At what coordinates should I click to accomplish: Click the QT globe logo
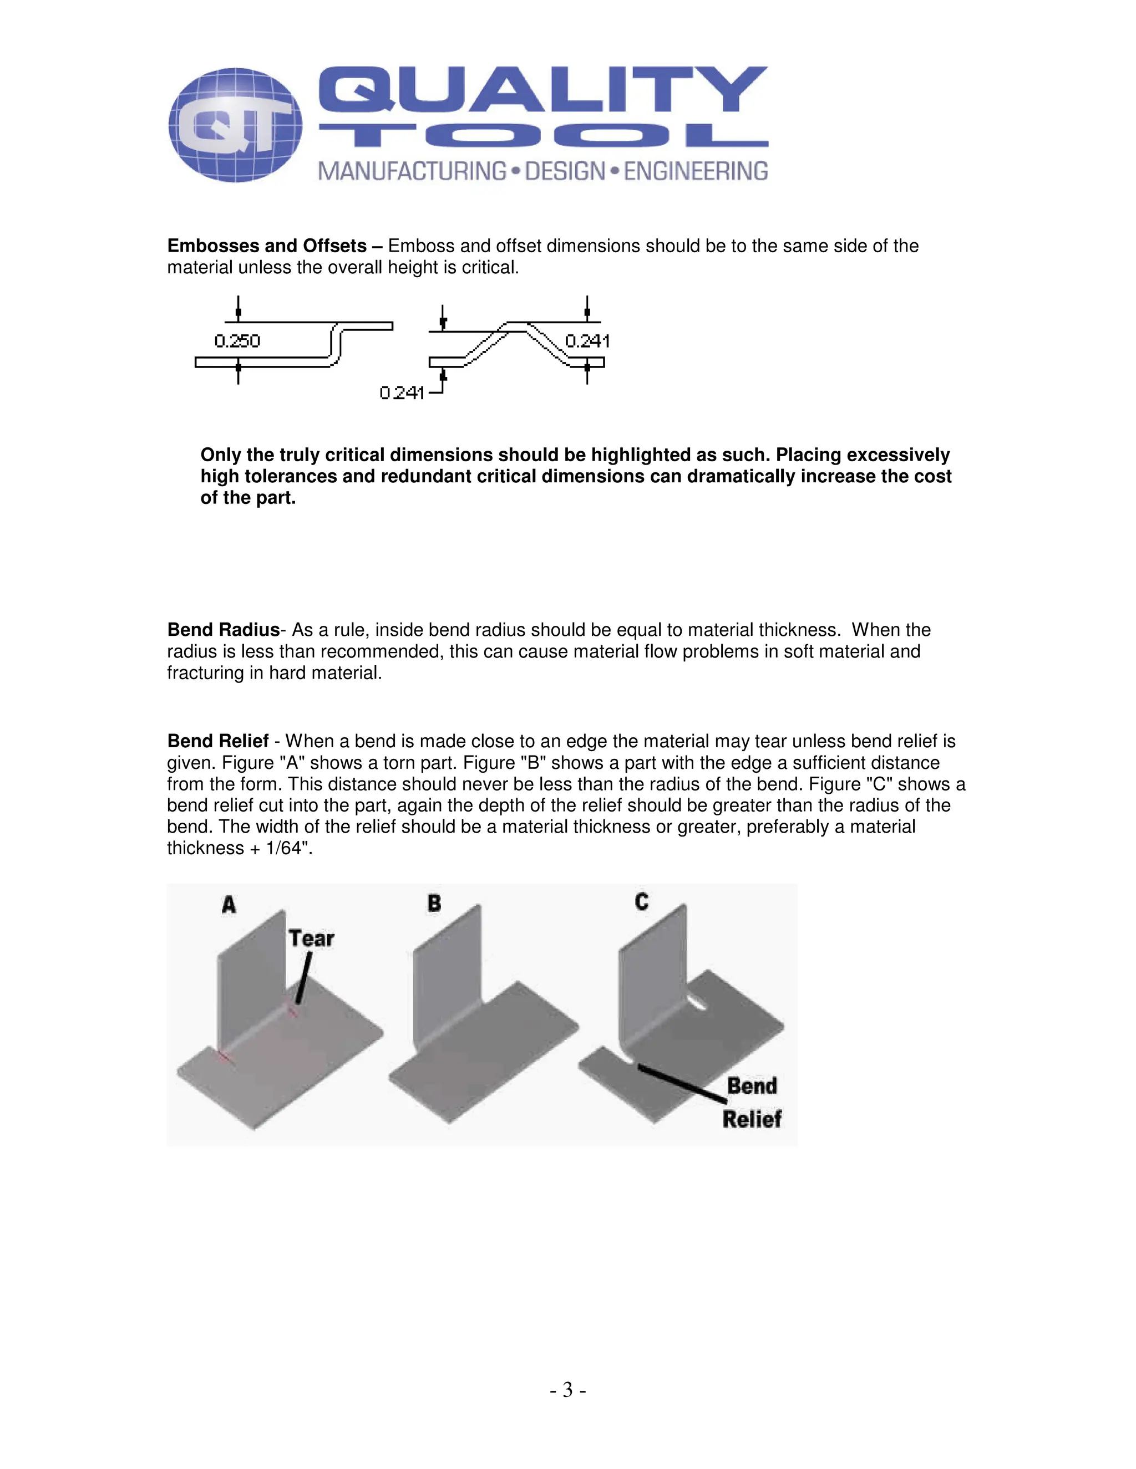click(235, 125)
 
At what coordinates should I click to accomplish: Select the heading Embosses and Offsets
click(266, 246)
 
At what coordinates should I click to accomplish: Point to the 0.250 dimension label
click(237, 341)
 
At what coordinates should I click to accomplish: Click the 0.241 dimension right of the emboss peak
click(587, 341)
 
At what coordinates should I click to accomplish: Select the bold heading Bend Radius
click(223, 630)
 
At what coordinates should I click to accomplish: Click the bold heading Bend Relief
click(217, 741)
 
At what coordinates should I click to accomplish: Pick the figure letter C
click(641, 901)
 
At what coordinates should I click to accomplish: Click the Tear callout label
click(311, 938)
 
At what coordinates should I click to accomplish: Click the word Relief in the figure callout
click(751, 1119)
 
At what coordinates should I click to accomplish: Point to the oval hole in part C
click(697, 1004)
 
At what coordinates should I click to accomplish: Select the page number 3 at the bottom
click(567, 1390)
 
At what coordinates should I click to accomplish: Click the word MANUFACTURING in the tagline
click(412, 171)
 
